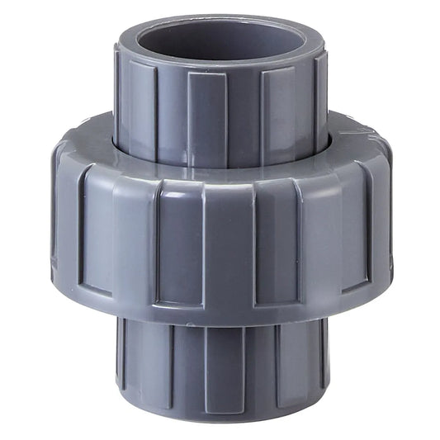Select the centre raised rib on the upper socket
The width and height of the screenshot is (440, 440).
point(206,116)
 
